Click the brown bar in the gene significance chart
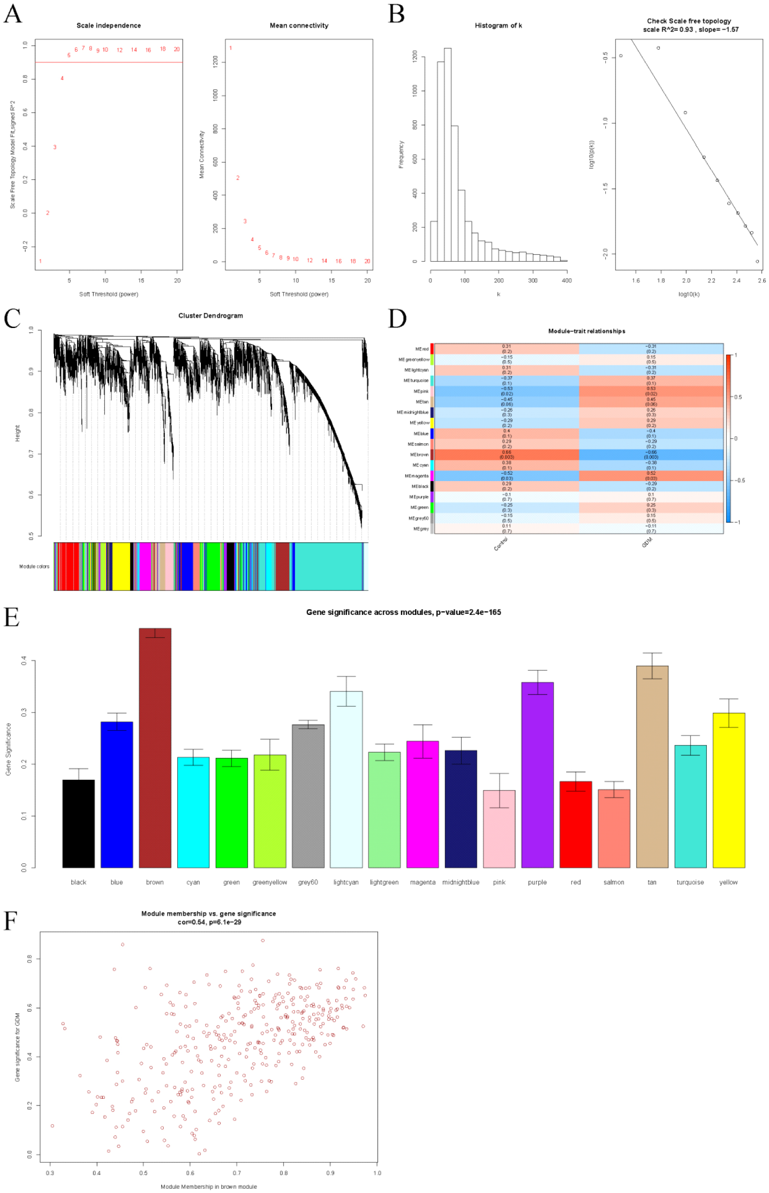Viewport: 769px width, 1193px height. tap(155, 749)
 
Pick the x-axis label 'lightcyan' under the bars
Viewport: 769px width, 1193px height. tap(346, 883)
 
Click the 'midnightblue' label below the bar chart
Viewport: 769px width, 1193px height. tap(461, 883)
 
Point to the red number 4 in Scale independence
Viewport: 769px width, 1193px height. tap(62, 78)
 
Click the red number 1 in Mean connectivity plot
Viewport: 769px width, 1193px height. tap(230, 48)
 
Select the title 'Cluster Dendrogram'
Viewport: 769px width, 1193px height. tap(211, 316)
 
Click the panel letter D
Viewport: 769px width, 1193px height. tap(397, 318)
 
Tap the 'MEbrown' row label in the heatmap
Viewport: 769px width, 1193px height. tap(419, 455)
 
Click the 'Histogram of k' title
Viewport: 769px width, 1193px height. tap(498, 25)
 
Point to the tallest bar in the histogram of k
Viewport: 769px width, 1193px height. tap(448, 155)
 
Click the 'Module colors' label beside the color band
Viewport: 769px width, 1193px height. tap(34, 567)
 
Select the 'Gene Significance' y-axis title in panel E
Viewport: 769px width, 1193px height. tap(9, 749)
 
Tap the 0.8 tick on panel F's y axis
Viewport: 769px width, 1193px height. tap(30, 959)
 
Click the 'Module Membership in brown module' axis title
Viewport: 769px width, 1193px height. tap(209, 1186)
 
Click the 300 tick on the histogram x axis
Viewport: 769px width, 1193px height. tap(533, 281)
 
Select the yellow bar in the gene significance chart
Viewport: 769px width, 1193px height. tap(728, 791)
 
